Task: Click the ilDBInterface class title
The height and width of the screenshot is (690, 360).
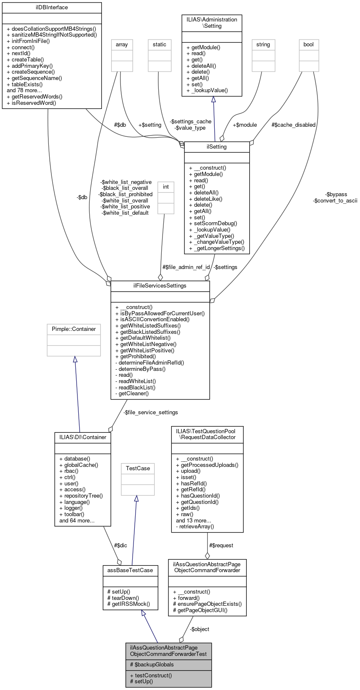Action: pos(52,8)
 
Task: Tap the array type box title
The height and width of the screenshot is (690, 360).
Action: pos(122,45)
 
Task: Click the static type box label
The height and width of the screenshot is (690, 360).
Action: pos(160,45)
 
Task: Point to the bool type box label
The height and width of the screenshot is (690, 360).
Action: pos(309,45)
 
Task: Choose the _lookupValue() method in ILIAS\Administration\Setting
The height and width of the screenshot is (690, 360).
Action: pos(207,90)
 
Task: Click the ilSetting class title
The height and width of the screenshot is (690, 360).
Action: pos(217,147)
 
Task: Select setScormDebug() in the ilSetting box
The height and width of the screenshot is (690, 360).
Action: pos(213,224)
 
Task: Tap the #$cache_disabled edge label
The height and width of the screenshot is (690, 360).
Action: pos(293,125)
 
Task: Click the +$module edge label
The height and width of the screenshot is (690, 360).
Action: pos(245,125)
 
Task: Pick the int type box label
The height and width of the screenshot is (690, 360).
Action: pos(166,187)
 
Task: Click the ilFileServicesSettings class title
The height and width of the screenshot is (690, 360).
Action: pos(160,286)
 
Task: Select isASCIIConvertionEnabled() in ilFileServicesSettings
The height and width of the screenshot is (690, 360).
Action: pos(152,319)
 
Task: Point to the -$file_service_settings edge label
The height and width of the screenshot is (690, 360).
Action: pos(150,412)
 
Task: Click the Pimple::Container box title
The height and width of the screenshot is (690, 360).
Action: pos(74,329)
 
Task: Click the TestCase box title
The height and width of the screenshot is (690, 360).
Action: pos(138,468)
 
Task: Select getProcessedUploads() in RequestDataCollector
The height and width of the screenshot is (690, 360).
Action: pos(207,465)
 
